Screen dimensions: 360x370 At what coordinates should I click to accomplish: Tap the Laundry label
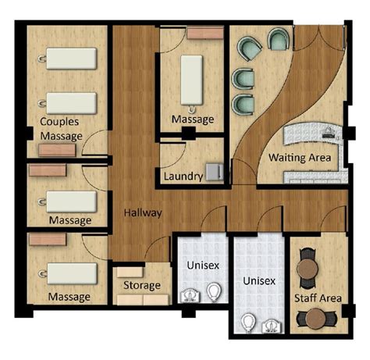tap(183, 176)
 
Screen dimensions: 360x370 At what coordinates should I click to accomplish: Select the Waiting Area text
tap(300, 158)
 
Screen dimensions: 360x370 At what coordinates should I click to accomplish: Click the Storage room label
tap(141, 286)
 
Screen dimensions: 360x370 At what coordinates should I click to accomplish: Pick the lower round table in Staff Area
tap(315, 319)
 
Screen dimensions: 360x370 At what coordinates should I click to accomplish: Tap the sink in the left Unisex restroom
tap(188, 296)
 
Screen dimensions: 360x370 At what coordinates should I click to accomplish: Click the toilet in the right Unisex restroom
tap(247, 322)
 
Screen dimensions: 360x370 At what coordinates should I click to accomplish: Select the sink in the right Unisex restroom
tap(272, 322)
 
